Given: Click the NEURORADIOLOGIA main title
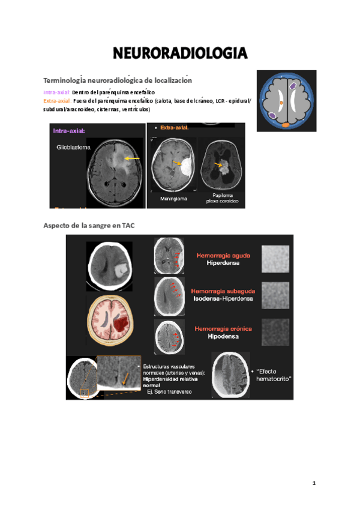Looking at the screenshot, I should pos(180,55).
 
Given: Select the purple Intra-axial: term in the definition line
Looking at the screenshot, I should pos(57,93).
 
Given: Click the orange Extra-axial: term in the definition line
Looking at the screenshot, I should pos(58,101).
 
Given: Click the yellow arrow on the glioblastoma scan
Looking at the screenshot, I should pos(133,158).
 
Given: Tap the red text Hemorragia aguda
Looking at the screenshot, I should pos(224,255).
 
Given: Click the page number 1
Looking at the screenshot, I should pos(313,483).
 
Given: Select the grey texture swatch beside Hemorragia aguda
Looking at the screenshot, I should pos(275,259).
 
